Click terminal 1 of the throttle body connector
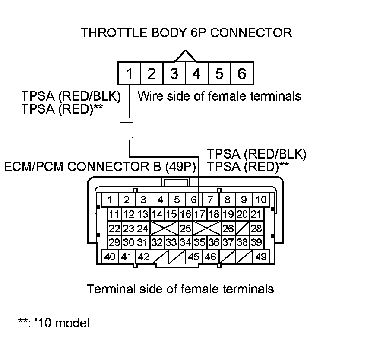(x=129, y=74)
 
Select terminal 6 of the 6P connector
(x=242, y=74)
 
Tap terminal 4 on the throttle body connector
(x=196, y=74)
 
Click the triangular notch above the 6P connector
(x=185, y=56)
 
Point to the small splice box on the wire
(x=126, y=130)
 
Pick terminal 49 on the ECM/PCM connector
(x=261, y=257)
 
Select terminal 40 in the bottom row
(x=110, y=257)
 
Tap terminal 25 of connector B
(x=185, y=228)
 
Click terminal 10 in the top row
(x=261, y=200)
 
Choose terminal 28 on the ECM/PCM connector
(x=256, y=228)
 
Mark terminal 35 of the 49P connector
(x=199, y=242)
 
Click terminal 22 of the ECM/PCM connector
(x=114, y=228)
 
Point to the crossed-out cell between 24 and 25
(x=164, y=228)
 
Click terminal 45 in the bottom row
(x=194, y=257)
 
